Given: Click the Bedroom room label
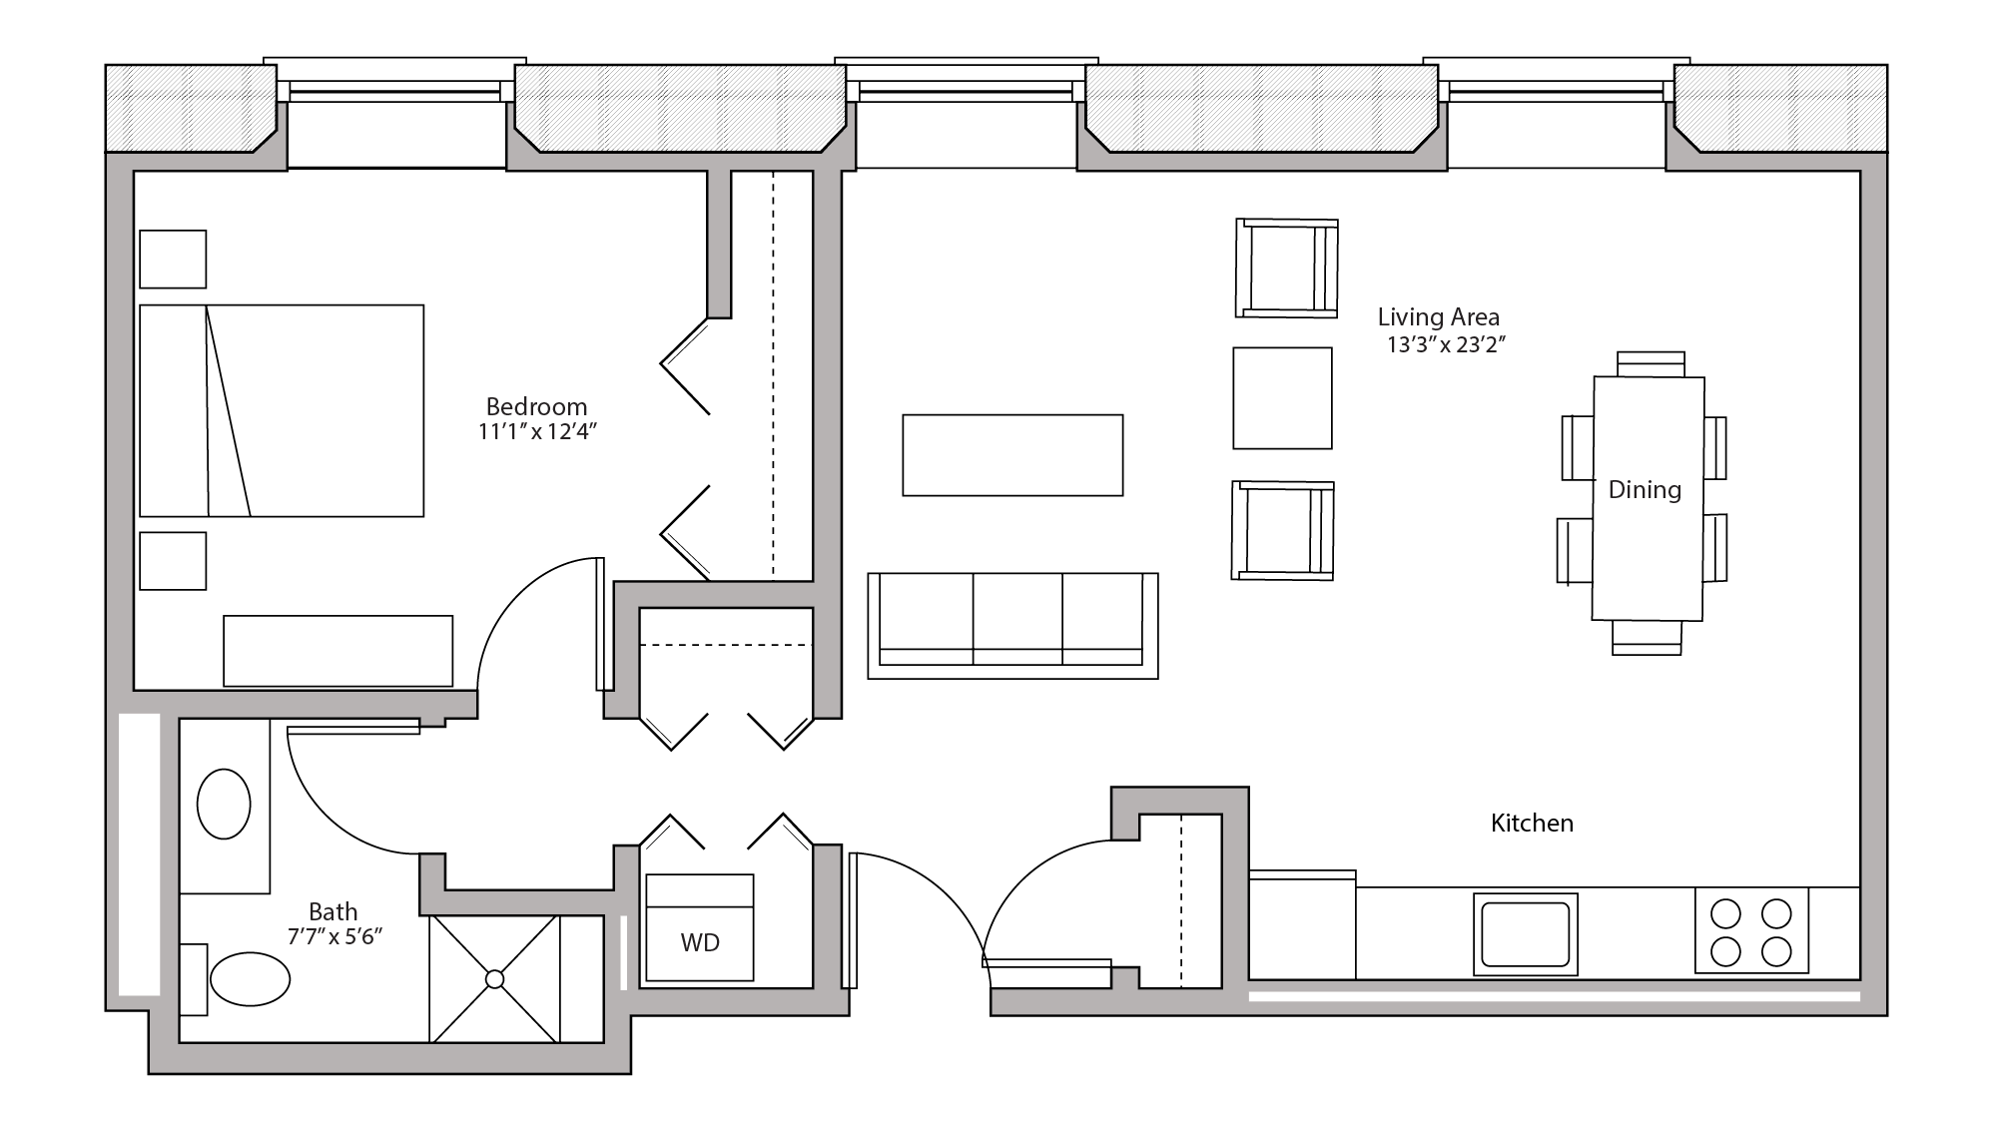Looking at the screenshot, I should [x=536, y=406].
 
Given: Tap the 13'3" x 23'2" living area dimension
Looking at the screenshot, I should [x=1445, y=345].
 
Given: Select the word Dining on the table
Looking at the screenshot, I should [x=1644, y=490].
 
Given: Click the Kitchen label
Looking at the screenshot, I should [x=1532, y=824].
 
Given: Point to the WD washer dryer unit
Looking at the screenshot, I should [x=699, y=928].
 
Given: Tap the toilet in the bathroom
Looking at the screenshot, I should [x=250, y=978].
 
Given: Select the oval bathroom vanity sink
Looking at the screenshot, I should [x=224, y=804].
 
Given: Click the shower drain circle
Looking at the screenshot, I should [x=494, y=979].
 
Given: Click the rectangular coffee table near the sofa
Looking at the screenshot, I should [x=1012, y=455].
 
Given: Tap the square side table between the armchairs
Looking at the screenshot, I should [x=1282, y=398].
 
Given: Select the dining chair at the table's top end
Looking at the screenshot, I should [x=1651, y=363].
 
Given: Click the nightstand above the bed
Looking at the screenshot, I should [x=173, y=260].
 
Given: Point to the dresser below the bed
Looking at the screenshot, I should [x=337, y=651].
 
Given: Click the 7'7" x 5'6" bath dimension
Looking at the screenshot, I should [x=334, y=937].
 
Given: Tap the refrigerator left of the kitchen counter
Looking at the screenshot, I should [x=1302, y=925].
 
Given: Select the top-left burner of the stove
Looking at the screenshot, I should [x=1725, y=913].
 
